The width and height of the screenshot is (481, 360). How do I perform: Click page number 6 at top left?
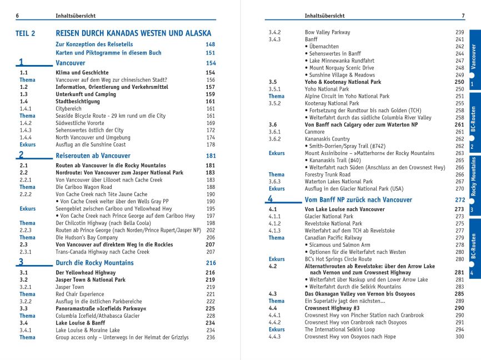coord(17,16)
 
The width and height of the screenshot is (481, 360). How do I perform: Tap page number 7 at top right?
coord(463,16)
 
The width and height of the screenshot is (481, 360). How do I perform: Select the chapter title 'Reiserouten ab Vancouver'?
coord(93,156)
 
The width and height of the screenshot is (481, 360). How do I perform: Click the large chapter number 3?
coord(21,262)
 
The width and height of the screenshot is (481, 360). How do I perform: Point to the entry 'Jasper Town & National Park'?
coord(91,280)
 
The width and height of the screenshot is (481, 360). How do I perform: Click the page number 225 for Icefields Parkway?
coord(210,308)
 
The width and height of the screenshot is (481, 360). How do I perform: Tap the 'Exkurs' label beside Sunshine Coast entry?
coord(27,144)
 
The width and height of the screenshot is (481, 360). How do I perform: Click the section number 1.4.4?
coord(26,137)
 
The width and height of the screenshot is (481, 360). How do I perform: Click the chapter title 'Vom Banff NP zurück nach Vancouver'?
coord(358,199)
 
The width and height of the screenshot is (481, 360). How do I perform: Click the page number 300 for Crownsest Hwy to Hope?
coord(459,337)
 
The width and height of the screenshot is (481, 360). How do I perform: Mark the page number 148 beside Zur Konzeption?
coord(210,44)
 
